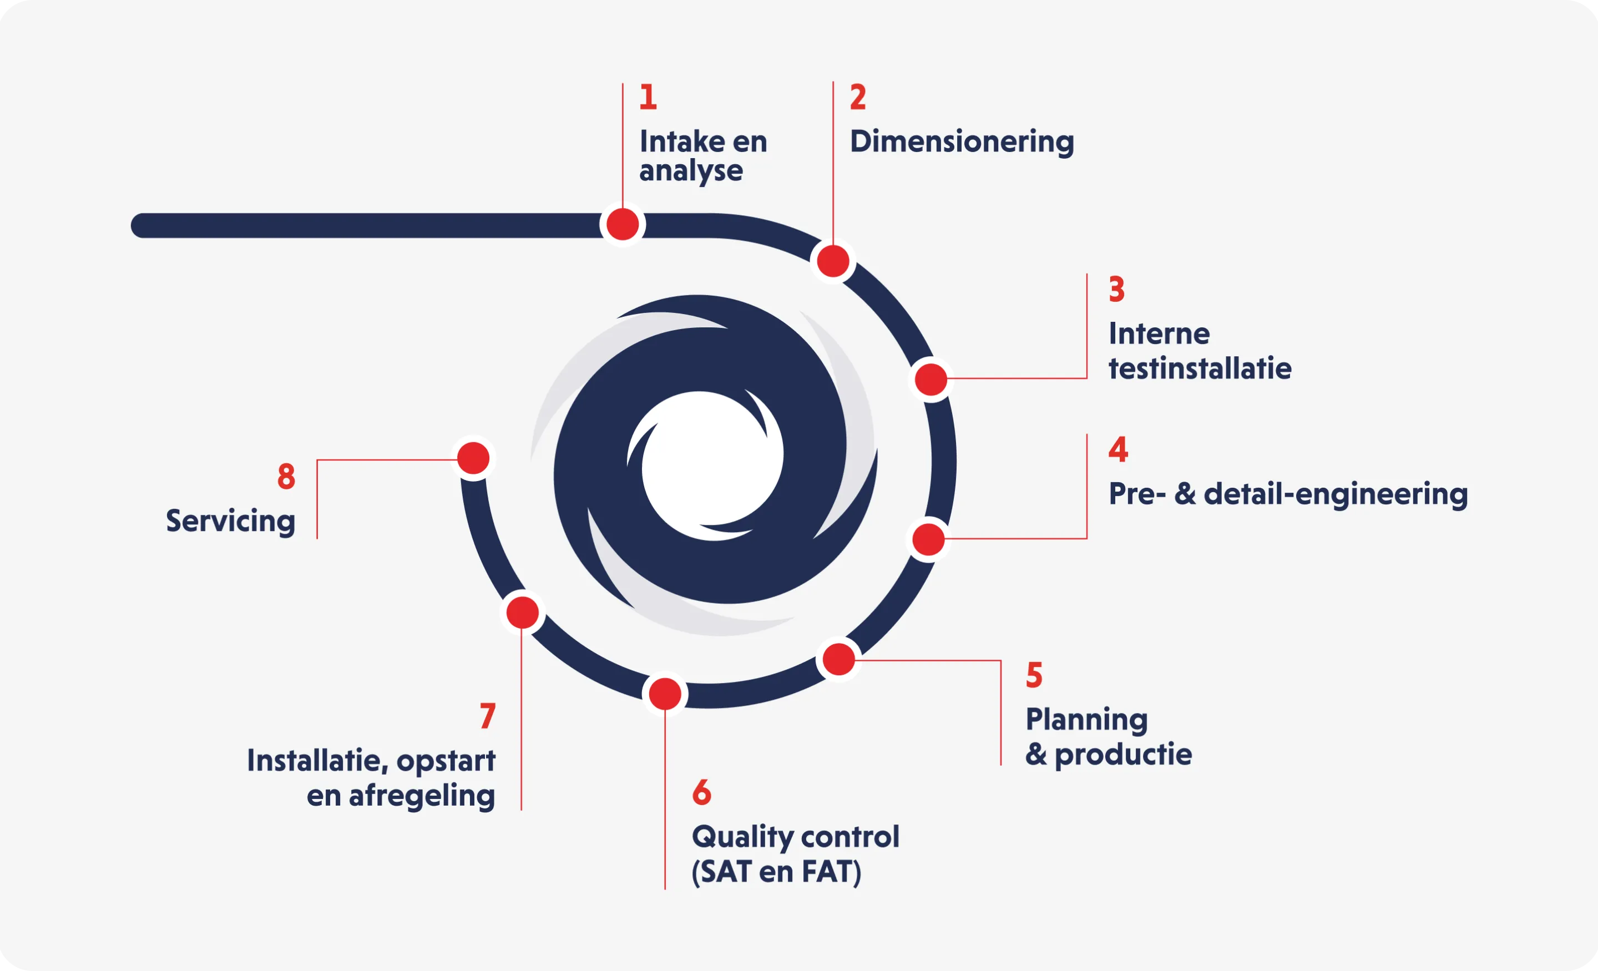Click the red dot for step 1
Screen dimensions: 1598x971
pyautogui.click(x=623, y=224)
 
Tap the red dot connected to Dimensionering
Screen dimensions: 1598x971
pyautogui.click(x=833, y=261)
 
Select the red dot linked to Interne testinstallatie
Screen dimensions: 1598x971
pyautogui.click(x=931, y=380)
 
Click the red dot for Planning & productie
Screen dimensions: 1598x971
pyautogui.click(x=838, y=659)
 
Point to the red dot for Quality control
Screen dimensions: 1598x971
pyautogui.click(x=665, y=694)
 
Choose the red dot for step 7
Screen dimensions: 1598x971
pyautogui.click(x=522, y=613)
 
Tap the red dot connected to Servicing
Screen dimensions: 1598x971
pyautogui.click(x=473, y=458)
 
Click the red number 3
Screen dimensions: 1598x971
pyautogui.click(x=1116, y=289)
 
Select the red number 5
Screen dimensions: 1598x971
pyautogui.click(x=1034, y=675)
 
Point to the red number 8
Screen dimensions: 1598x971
pyautogui.click(x=286, y=476)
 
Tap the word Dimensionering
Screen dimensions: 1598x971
pyautogui.click(x=962, y=142)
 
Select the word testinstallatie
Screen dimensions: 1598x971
pyautogui.click(x=1200, y=368)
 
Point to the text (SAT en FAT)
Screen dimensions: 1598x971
pyautogui.click(x=776, y=872)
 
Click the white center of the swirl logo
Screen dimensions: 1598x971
pyautogui.click(x=711, y=465)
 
